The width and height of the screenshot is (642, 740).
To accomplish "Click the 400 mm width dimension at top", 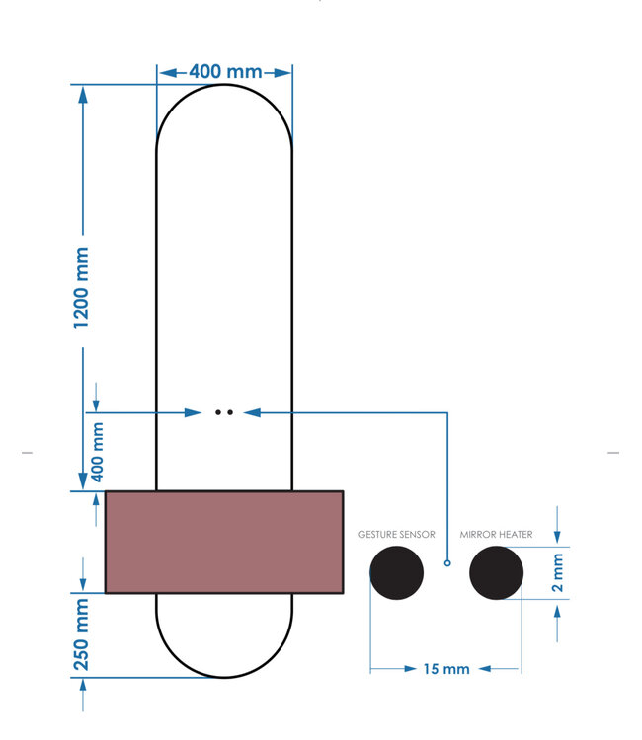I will pos(225,72).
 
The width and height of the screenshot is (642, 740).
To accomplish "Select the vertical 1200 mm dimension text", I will pos(82,288).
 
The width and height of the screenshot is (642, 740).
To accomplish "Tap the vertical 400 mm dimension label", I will pos(97,451).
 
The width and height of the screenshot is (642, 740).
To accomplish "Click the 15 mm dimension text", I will pos(445,669).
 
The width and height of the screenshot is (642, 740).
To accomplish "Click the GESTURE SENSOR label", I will pos(396,534).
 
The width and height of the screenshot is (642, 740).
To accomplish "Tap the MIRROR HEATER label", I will pos(496,534).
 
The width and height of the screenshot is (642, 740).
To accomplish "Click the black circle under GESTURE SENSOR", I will pos(396,572).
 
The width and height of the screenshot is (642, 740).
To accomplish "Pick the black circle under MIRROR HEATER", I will pos(496,572).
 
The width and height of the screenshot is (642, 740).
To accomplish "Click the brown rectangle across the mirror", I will pos(224,542).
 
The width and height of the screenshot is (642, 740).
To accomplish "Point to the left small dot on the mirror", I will pos(218,411).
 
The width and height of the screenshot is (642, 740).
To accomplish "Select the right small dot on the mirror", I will pos(230,411).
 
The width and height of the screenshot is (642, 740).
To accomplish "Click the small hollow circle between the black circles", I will pos(447,563).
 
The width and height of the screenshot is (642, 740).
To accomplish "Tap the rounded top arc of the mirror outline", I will pos(224,86).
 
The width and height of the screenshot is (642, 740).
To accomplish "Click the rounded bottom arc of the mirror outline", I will pos(224,677).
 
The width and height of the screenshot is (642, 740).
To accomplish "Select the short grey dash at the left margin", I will pos(28,453).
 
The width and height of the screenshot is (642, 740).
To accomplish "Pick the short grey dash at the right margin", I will pos(613,453).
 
